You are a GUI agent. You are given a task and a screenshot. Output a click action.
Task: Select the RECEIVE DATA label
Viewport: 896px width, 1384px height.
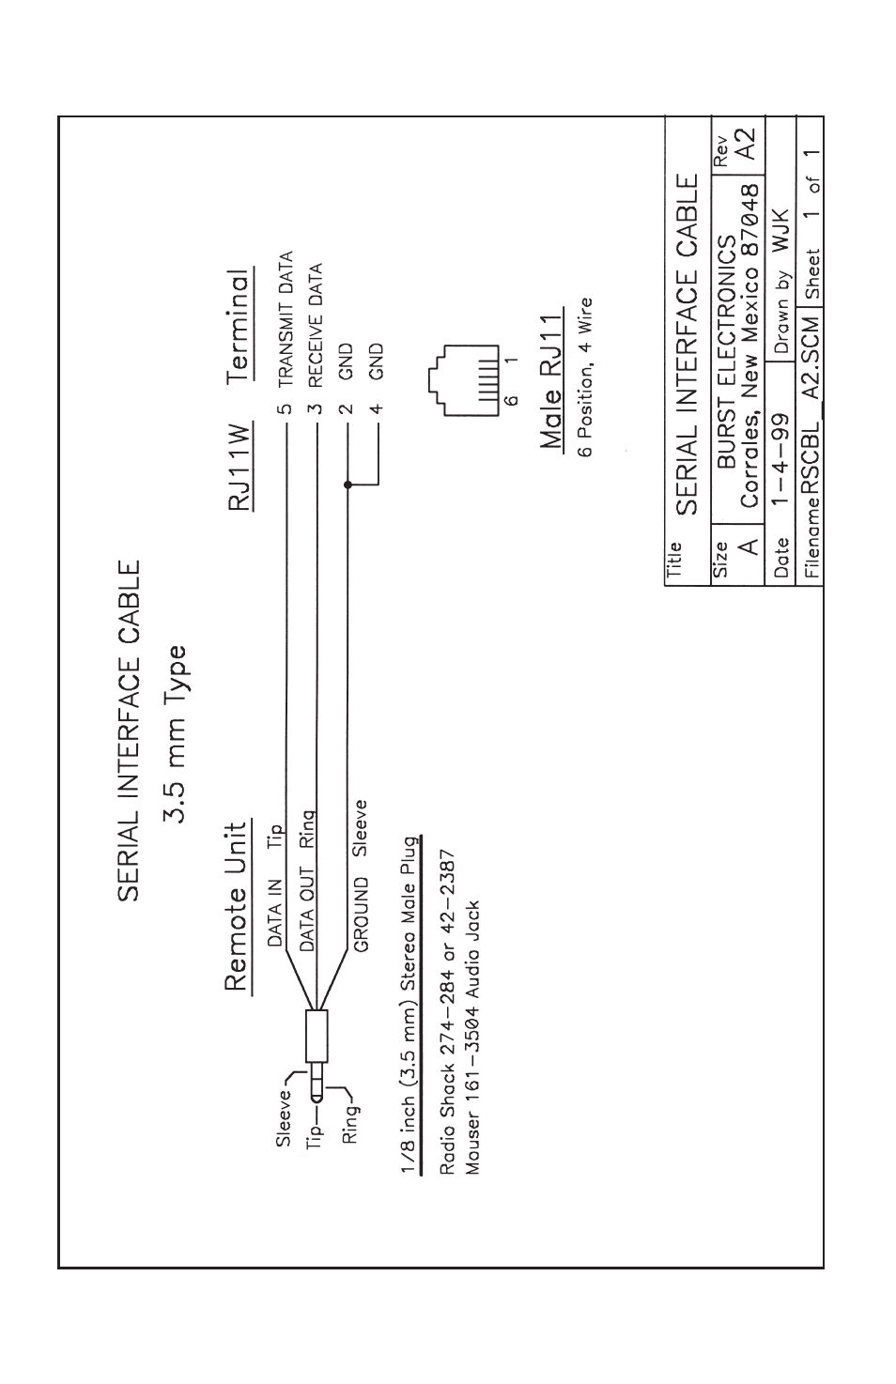(317, 324)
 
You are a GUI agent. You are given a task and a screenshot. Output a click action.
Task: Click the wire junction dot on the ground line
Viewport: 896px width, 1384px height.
(348, 484)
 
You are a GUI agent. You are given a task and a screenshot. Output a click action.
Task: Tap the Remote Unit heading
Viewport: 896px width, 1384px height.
(237, 908)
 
